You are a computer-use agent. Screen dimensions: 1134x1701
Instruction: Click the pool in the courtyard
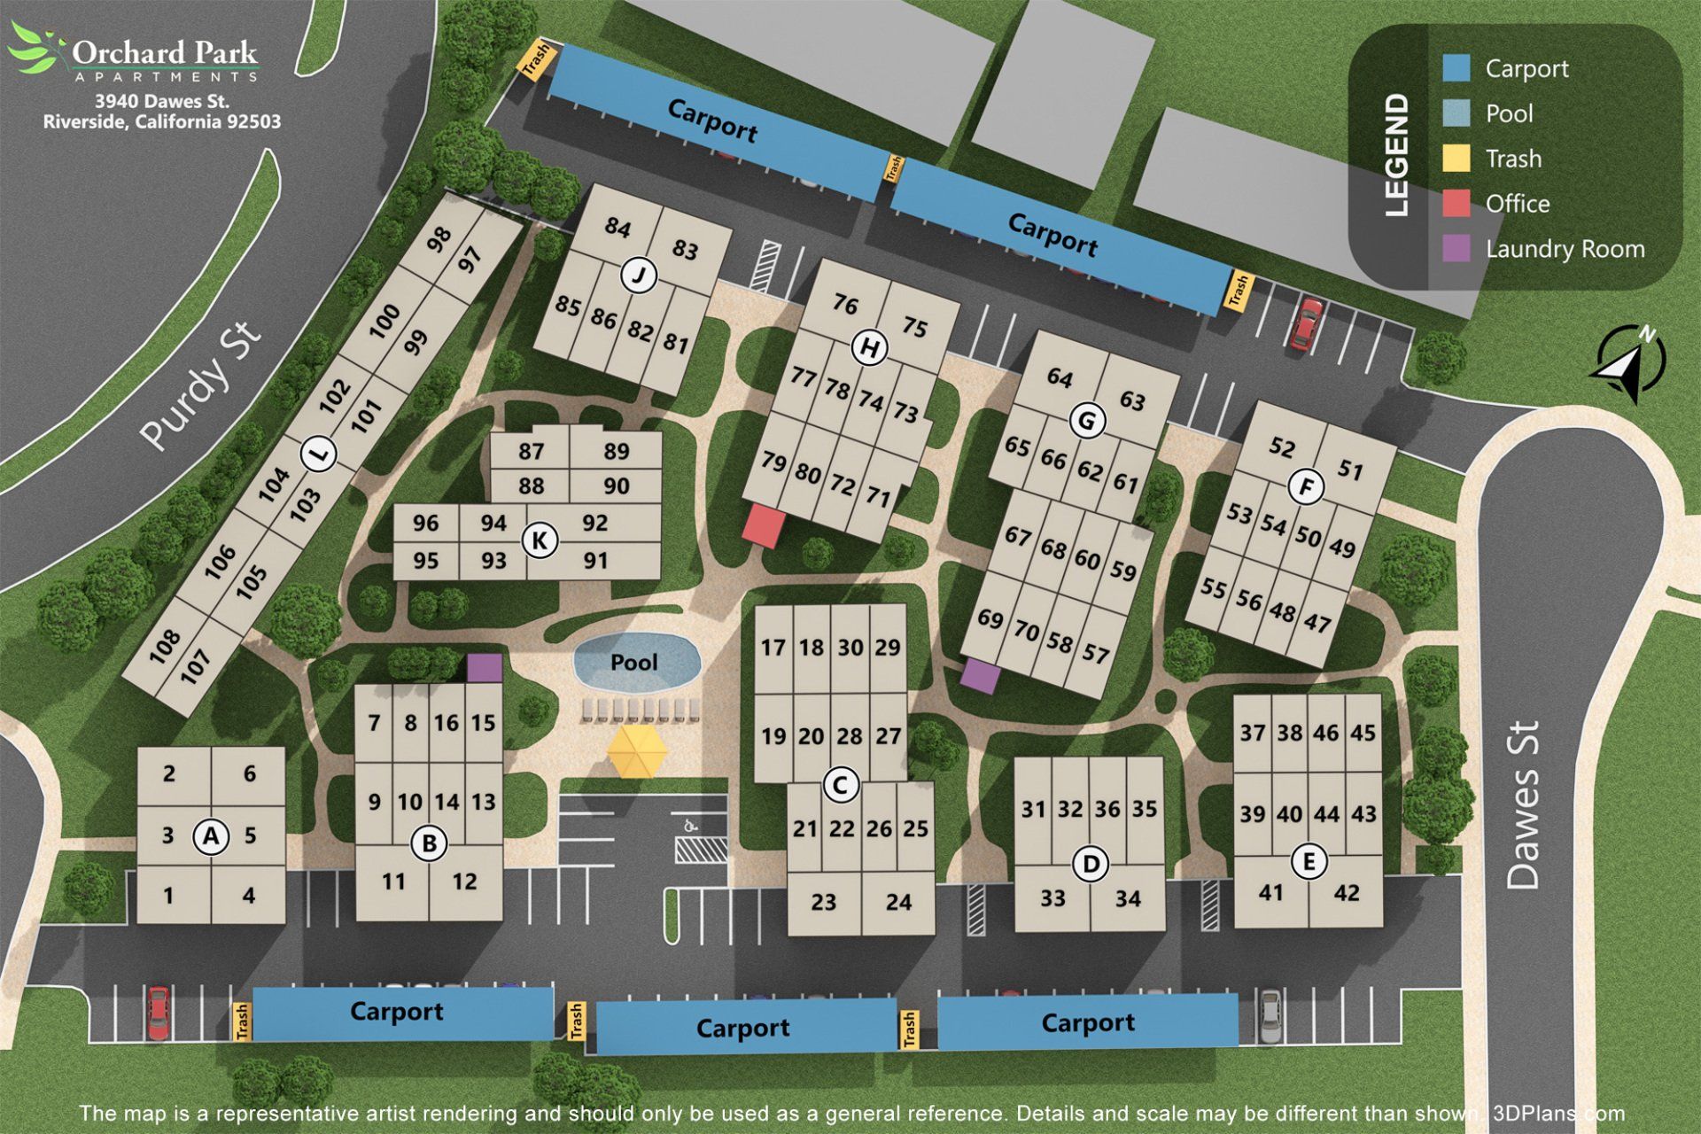pos(636,662)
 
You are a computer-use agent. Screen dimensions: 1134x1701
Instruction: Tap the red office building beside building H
pos(763,524)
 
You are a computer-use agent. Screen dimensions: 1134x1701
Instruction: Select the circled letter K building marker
pos(540,540)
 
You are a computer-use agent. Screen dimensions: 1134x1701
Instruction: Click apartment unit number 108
pos(165,647)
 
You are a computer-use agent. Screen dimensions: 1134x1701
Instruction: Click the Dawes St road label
pos(1523,804)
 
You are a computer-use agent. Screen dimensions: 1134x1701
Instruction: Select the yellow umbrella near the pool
pos(637,751)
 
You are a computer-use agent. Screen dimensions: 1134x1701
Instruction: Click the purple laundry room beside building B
pos(484,668)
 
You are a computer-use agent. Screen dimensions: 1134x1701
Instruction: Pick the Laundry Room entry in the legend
pos(1565,249)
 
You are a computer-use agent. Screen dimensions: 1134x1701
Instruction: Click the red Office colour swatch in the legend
pos(1456,204)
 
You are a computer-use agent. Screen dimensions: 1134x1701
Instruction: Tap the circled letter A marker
pos(211,835)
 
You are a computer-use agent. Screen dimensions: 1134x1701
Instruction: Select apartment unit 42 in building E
pos(1346,893)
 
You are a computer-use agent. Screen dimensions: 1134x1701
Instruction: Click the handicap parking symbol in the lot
pos(689,825)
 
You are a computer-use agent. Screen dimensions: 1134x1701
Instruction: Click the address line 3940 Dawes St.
pos(162,101)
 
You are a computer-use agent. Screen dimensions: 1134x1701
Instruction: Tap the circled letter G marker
pos(1087,421)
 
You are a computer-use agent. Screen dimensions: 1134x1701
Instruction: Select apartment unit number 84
pos(617,228)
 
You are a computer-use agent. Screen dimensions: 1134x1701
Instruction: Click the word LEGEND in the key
pos(1395,155)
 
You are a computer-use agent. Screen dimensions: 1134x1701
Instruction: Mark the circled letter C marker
pos(840,784)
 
